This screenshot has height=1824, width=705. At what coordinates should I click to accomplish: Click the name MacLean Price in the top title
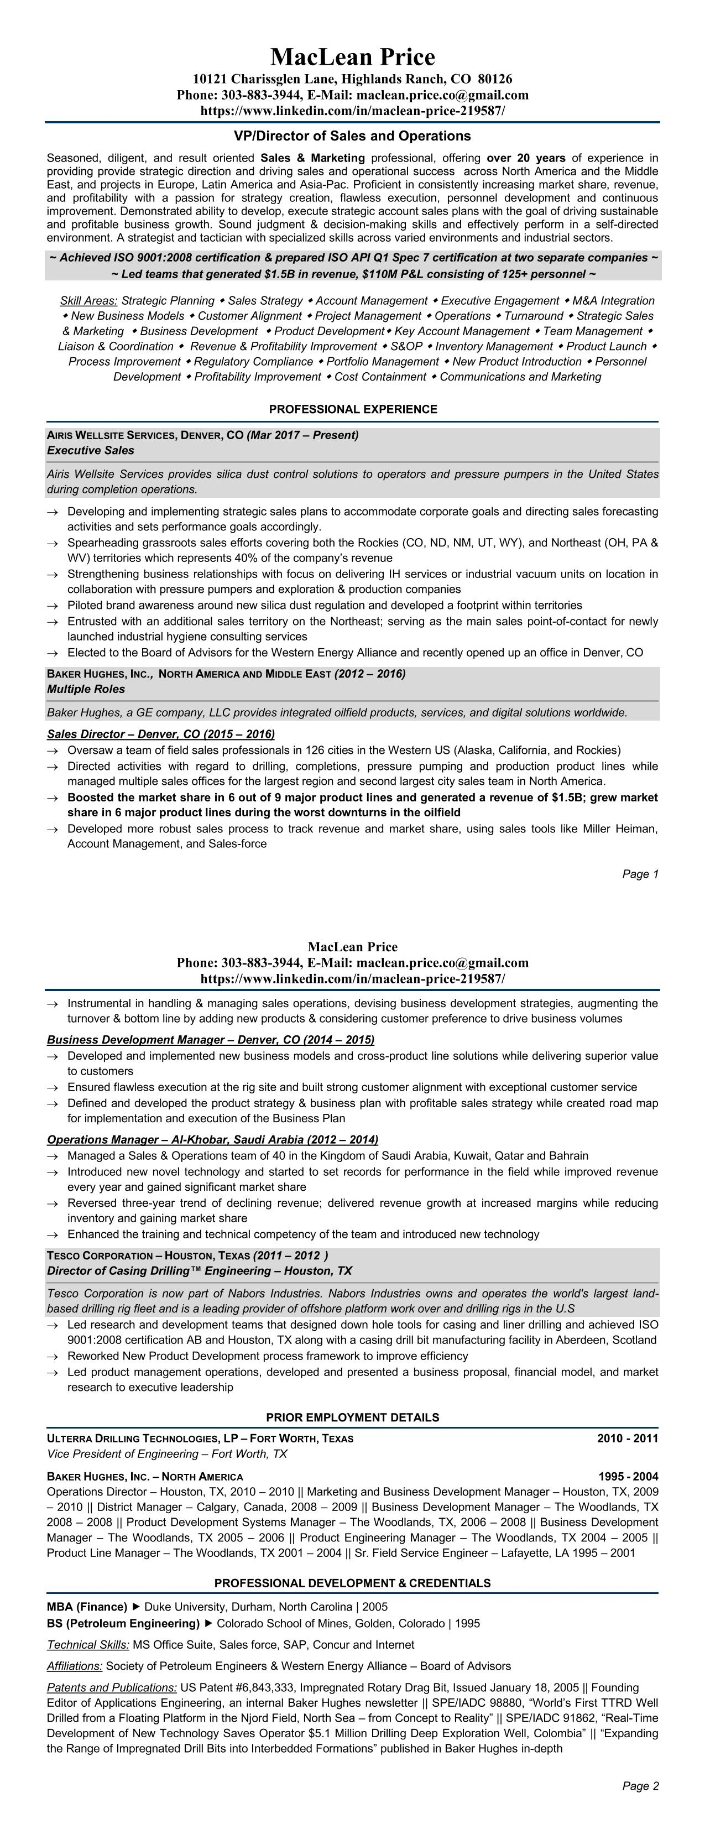(x=353, y=56)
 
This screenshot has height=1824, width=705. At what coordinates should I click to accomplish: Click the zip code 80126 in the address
(x=495, y=79)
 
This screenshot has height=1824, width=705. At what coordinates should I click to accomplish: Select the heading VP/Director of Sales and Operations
(x=353, y=136)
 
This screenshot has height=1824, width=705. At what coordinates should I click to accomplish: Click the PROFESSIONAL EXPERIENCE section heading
(x=353, y=409)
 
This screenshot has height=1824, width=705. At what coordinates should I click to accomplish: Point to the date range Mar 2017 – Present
(x=302, y=435)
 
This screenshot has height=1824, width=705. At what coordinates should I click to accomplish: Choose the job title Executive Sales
(x=91, y=450)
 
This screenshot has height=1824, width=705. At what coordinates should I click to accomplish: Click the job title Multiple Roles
(x=86, y=689)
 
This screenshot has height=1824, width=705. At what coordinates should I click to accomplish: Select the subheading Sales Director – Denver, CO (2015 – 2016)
(x=161, y=734)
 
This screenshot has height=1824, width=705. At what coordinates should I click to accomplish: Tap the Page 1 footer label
(x=640, y=874)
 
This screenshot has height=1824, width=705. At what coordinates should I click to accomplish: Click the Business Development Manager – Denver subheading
(x=210, y=1039)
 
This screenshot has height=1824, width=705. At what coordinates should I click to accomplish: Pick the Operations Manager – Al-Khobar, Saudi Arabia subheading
(x=212, y=1139)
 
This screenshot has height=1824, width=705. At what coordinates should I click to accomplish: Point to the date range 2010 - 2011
(x=627, y=1438)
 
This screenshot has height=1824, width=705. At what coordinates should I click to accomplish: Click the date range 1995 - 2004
(x=627, y=1476)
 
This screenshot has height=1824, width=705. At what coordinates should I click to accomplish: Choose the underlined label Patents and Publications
(x=112, y=1687)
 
